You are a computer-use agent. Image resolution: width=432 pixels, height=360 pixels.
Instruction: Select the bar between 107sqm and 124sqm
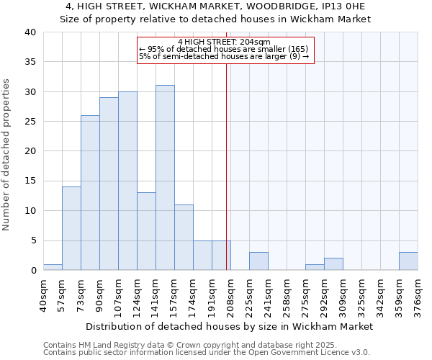[127, 181]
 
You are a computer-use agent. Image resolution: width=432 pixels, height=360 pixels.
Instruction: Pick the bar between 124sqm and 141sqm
[146, 231]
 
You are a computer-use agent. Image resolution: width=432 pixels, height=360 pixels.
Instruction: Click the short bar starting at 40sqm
[53, 267]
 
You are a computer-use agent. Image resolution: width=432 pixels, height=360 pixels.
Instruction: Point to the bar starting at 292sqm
[333, 264]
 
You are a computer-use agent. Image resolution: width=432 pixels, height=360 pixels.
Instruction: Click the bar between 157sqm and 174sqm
[184, 238]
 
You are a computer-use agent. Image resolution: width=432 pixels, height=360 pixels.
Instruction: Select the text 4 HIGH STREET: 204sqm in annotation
[224, 42]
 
